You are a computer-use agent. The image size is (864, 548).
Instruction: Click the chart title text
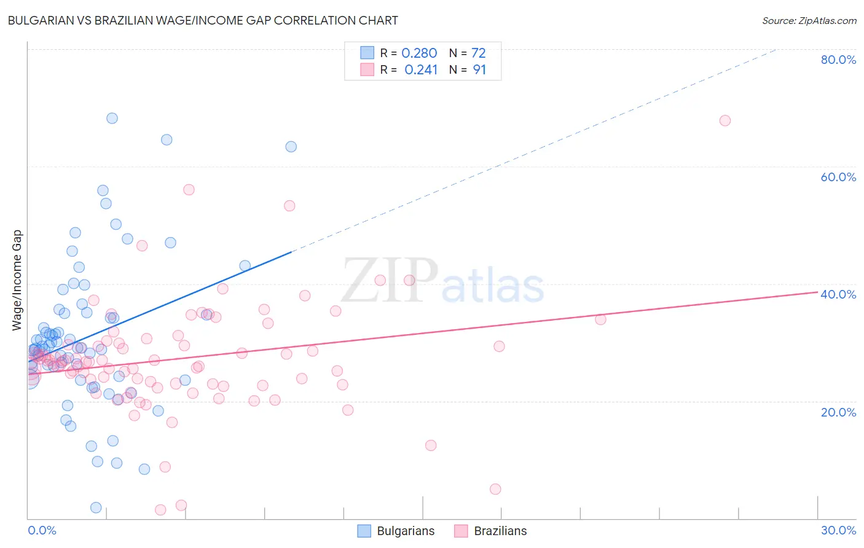point(203,21)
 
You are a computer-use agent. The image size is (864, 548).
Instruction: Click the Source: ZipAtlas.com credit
point(809,21)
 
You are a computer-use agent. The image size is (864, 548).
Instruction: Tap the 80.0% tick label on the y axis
point(838,60)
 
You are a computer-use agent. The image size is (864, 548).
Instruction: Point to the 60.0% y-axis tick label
point(838,177)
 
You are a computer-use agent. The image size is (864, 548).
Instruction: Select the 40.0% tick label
point(838,294)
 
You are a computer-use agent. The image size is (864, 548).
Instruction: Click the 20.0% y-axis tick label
point(838,412)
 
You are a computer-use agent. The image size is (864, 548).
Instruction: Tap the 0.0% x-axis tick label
point(42,530)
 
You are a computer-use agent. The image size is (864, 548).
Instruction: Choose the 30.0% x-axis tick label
point(838,530)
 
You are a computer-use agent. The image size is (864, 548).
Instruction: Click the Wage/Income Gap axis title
point(17,280)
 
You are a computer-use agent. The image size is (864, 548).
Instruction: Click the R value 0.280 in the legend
point(419,53)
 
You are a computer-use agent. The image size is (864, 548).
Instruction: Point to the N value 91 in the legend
point(479,70)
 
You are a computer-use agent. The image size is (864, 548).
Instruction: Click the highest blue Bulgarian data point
point(112,118)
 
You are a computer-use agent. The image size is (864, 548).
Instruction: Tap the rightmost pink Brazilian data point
point(725,120)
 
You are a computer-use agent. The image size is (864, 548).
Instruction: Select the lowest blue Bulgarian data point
point(96,507)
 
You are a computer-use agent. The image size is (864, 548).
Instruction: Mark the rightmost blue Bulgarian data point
point(291,147)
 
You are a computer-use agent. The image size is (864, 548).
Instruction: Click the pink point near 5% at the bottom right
point(495,489)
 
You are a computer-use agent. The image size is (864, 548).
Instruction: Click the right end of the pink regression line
point(817,292)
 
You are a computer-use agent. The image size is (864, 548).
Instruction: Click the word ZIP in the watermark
point(390,281)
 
